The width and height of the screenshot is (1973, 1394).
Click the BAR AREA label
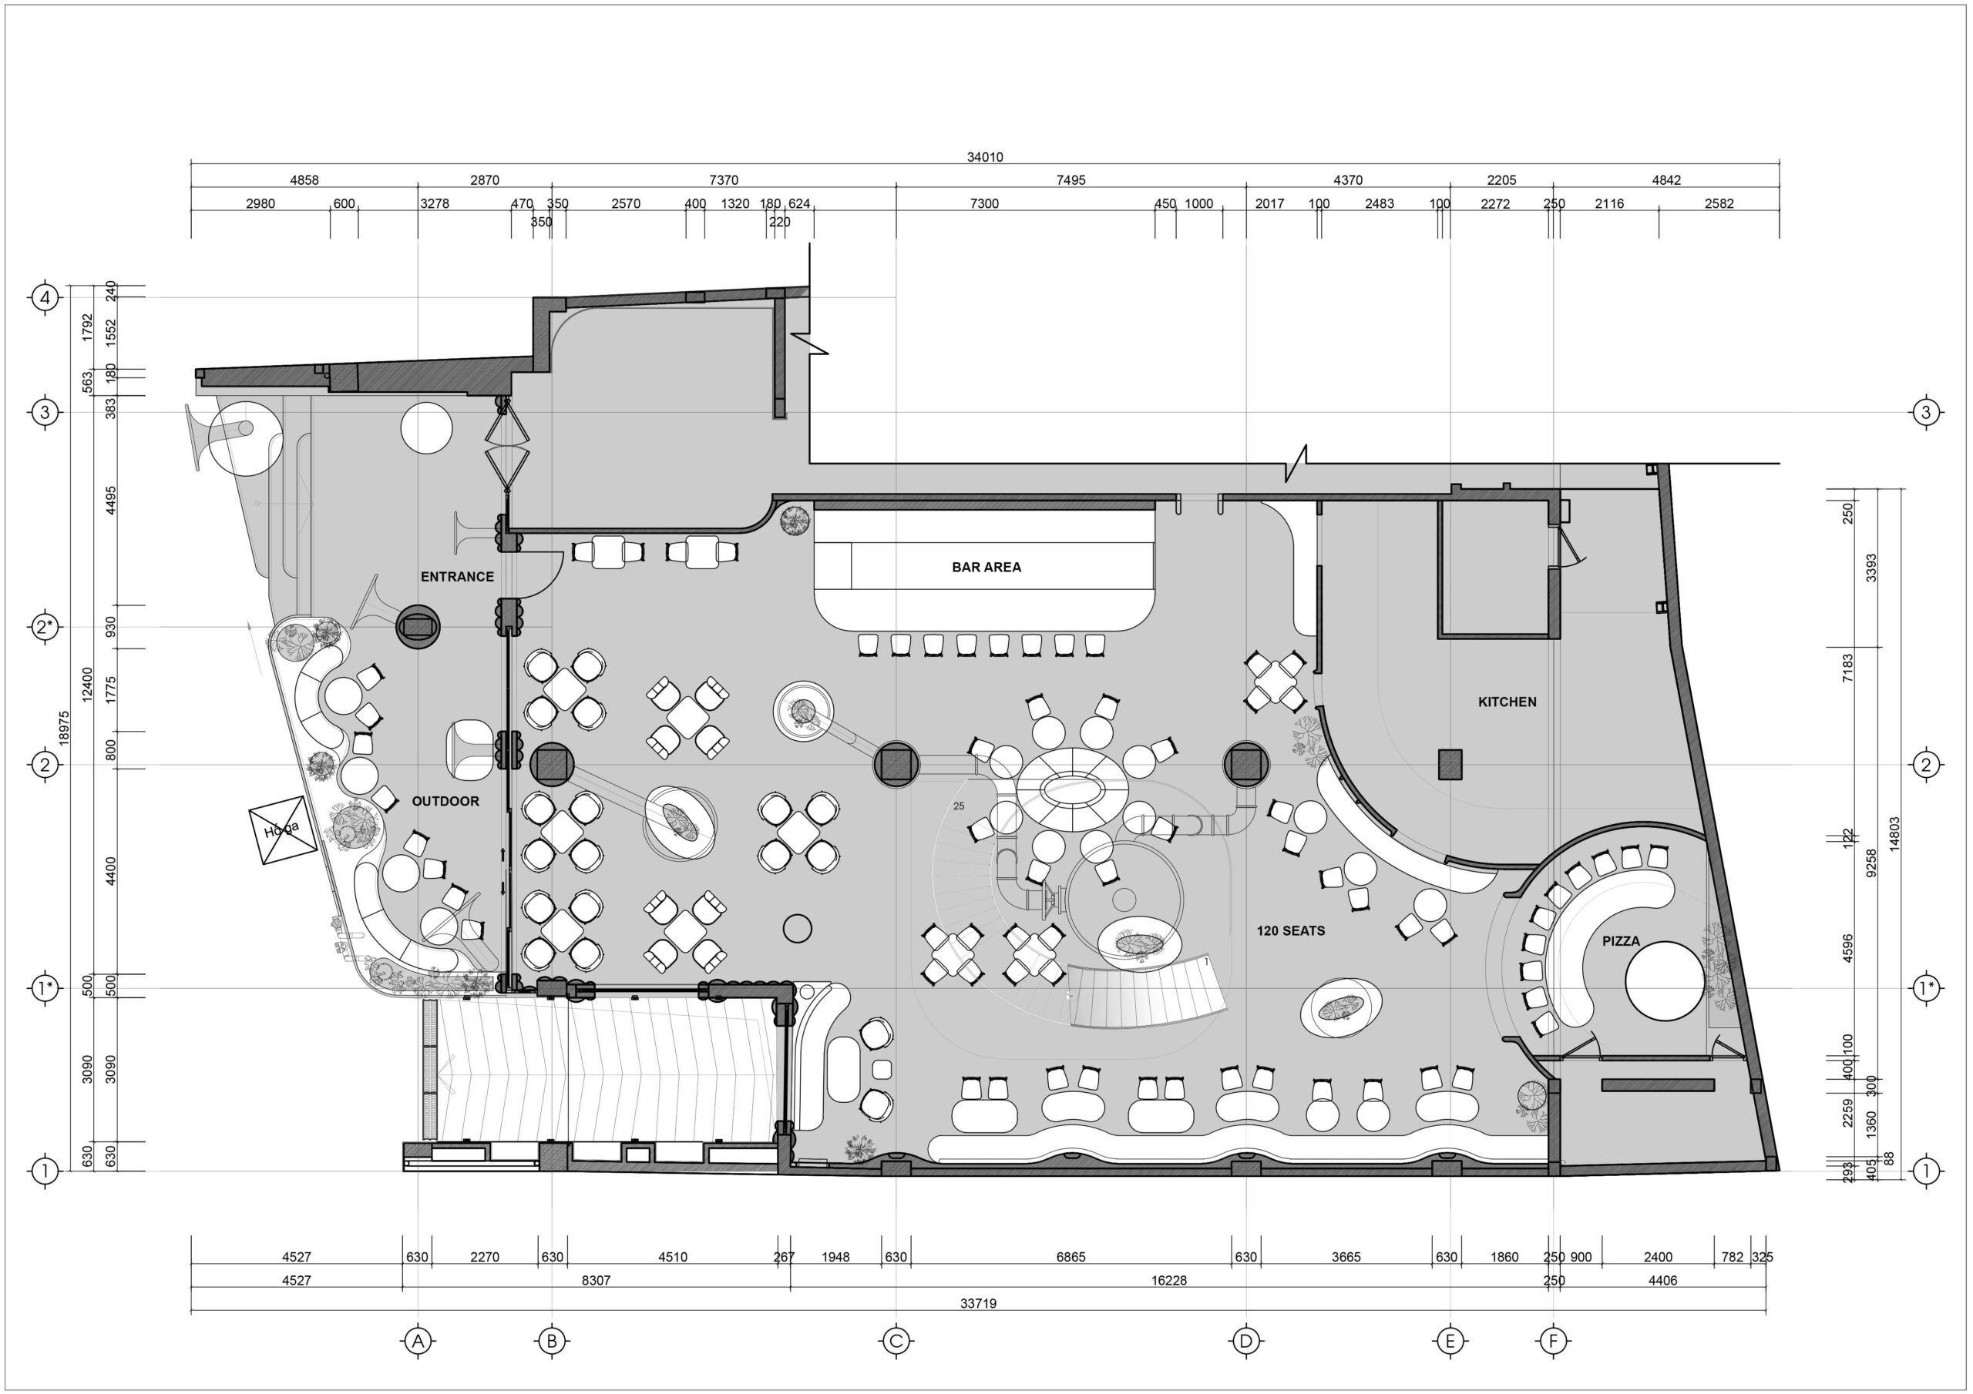coord(986,567)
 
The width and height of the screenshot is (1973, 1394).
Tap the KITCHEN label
coord(1507,702)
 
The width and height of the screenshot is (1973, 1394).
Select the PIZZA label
coord(1621,940)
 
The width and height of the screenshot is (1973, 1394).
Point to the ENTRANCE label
coord(457,576)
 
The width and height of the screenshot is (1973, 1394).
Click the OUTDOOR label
coord(445,800)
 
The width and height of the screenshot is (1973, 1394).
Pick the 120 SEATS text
coord(1291,930)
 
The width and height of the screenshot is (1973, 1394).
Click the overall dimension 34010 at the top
coord(985,157)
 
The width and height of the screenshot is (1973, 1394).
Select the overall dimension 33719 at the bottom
coord(978,1303)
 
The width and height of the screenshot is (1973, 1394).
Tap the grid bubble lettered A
coord(418,1340)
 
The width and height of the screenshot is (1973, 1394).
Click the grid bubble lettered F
coord(1553,1340)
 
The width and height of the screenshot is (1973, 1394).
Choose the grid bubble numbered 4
coord(45,298)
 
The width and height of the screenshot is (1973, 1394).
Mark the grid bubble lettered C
coord(896,1340)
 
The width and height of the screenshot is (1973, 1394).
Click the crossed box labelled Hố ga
coord(283,830)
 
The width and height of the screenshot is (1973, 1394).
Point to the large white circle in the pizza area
coord(1665,981)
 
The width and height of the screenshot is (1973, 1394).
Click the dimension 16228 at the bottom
coord(1168,1280)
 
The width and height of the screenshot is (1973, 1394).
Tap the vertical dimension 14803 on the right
coord(1895,833)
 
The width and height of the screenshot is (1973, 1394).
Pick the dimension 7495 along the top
coord(1071,180)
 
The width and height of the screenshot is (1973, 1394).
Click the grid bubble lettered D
coord(1245,1340)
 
